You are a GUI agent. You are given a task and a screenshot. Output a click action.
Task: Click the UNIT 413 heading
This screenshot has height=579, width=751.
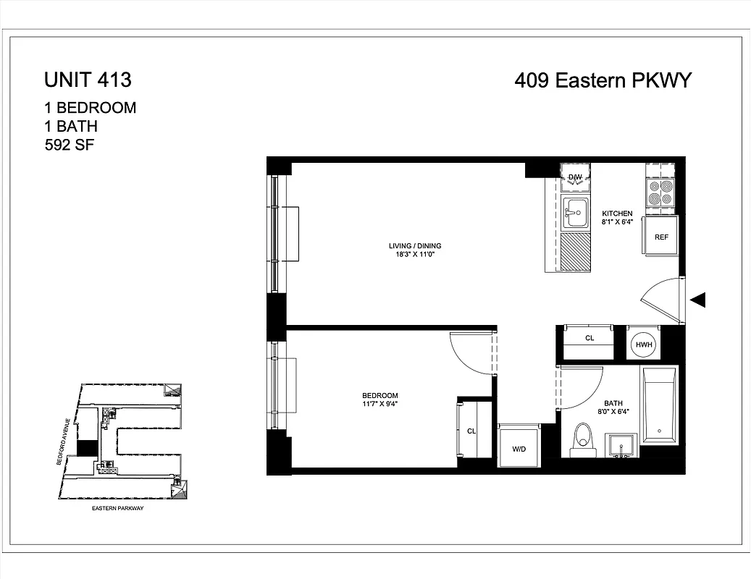coord(88,78)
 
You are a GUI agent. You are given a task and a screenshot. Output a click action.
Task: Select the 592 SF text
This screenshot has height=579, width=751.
coord(70,144)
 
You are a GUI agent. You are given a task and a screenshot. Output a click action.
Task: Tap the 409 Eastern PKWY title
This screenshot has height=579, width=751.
coord(603,80)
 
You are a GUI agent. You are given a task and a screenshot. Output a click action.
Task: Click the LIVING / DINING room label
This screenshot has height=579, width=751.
coord(414,246)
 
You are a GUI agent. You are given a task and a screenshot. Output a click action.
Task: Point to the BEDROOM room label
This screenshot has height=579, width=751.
coord(380,395)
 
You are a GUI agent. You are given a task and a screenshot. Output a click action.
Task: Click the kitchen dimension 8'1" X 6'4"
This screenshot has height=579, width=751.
coord(617,222)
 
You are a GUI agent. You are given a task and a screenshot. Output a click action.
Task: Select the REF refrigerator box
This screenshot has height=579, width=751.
coord(660,236)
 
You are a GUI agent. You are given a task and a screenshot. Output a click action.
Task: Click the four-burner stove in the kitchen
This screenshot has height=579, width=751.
coord(660,190)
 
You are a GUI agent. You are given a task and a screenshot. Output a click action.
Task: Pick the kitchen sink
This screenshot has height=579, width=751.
coord(576,212)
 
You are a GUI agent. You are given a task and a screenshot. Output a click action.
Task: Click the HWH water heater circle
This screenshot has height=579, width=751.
coord(644,345)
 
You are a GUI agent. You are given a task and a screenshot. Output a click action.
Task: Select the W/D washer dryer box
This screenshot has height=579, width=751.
coord(519,448)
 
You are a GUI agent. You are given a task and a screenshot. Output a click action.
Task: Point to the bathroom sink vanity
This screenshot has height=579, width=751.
coord(621,447)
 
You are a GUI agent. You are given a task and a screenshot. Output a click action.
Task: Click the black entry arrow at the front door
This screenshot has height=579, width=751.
coord(698,300)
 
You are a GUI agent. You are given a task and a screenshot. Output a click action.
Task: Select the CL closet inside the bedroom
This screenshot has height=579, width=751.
coord(470,431)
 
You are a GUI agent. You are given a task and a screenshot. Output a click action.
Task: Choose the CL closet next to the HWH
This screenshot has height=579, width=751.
coord(588,339)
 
